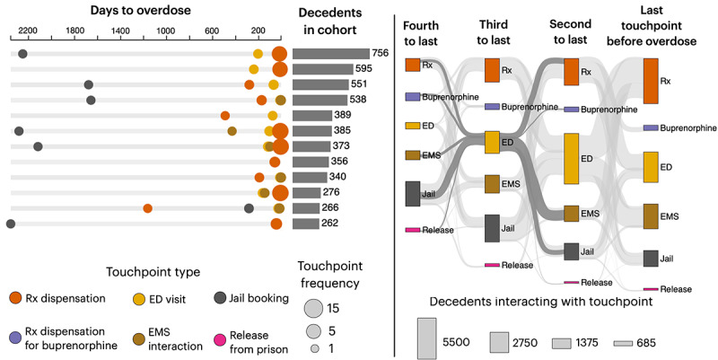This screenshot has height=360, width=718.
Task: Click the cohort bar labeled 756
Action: pos(330,54)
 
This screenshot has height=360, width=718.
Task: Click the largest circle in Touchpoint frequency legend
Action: pos(313,308)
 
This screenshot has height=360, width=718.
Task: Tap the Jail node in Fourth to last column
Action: pos(413,194)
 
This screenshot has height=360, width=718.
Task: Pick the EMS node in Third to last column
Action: pos(492,184)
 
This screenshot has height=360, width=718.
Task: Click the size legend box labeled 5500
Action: pos(427,338)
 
